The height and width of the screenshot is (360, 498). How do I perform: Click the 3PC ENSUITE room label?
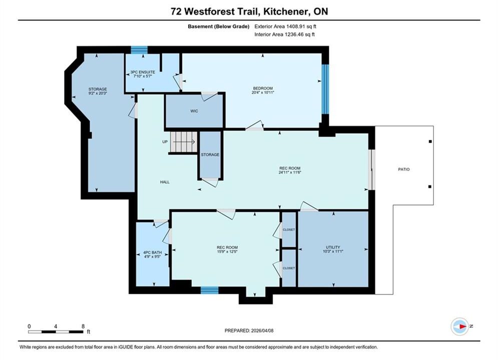pos(143,72)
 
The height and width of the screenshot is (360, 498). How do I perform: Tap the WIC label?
pos(194,111)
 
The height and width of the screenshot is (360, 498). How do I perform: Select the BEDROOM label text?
pos(263,88)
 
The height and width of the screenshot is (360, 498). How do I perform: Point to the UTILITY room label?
pos(333,247)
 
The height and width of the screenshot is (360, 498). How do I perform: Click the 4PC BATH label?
pos(153,252)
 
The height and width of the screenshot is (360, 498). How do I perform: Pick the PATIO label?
pos(404,169)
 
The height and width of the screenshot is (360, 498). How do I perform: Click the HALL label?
pos(165,182)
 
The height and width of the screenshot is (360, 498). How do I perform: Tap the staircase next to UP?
pos(184,142)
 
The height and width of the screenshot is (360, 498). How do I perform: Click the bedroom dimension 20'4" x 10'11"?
pos(263,92)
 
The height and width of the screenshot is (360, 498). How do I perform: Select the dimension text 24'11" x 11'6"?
pos(290,172)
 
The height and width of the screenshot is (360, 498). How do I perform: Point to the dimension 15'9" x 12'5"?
pos(227,251)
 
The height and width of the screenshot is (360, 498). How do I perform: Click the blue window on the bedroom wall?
pos(325,89)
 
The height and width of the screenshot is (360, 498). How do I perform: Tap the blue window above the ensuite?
pos(140,50)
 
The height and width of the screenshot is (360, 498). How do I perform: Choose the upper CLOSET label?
pos(289,229)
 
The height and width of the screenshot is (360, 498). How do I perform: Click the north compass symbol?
pos(460,326)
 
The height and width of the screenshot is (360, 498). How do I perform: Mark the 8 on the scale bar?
pos(83,326)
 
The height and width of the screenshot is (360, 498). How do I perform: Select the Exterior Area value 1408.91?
pos(295,26)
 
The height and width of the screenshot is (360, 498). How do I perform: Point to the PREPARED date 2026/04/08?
pos(262,330)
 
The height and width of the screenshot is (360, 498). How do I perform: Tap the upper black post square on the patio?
pos(430,141)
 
